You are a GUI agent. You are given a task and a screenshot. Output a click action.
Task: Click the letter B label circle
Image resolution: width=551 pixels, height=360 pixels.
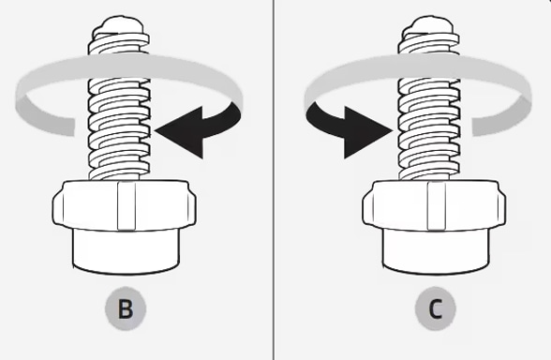point(126,309)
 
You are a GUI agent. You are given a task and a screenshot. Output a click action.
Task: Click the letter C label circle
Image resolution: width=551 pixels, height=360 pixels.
point(436,309)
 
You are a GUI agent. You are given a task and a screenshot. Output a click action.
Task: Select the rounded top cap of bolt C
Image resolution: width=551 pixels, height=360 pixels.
point(428,25)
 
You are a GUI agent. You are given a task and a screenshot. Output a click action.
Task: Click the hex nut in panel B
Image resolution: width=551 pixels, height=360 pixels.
point(125,205)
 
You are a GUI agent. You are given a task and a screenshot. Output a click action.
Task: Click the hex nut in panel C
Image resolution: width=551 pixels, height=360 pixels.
point(435,205)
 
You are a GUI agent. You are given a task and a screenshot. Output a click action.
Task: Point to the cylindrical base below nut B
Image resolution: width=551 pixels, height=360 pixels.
point(127,251)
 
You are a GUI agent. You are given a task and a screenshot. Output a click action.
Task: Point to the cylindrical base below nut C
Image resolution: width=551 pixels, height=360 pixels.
point(436,251)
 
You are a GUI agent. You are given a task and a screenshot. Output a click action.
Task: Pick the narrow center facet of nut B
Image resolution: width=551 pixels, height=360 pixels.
point(127,205)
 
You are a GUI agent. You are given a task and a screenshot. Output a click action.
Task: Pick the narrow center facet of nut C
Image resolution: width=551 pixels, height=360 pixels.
point(437,205)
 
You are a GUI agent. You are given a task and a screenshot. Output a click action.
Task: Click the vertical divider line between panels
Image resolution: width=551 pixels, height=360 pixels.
point(274,180)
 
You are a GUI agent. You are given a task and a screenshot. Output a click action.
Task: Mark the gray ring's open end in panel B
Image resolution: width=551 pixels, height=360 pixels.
point(74,127)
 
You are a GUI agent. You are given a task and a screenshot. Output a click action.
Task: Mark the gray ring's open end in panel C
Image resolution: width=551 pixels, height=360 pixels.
point(473,127)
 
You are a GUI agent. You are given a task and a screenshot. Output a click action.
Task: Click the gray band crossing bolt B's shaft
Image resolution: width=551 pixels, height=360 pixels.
point(120,67)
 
